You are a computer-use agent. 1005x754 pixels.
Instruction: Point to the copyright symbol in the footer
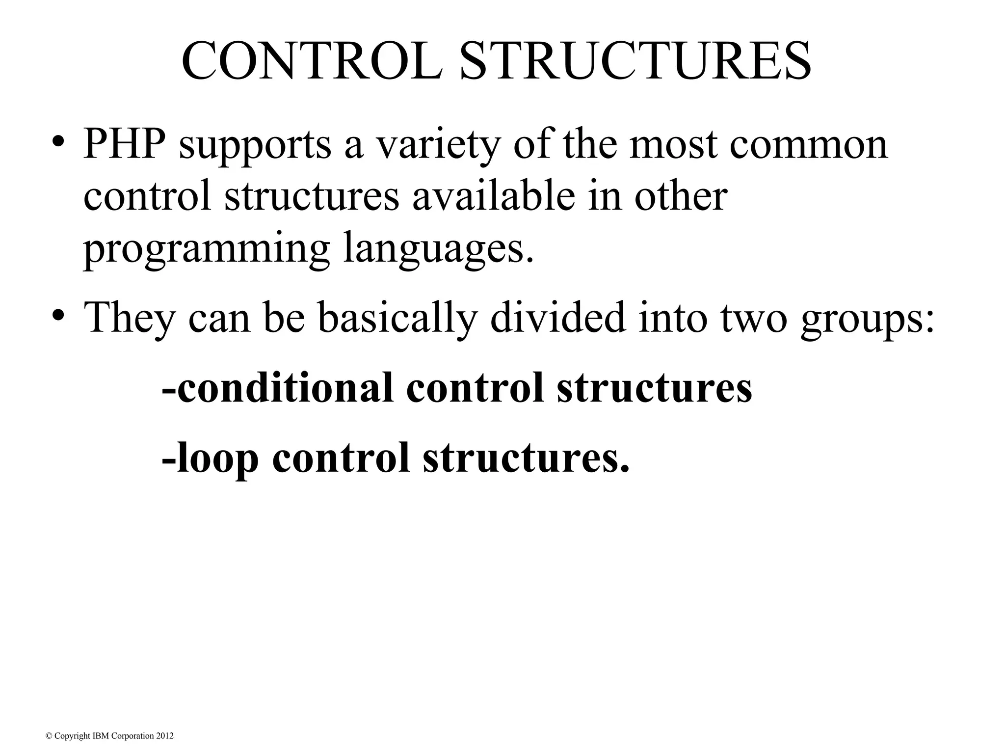(49, 736)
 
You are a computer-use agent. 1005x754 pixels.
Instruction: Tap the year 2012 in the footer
(164, 736)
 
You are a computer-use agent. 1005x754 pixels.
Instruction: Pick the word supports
(255, 146)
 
